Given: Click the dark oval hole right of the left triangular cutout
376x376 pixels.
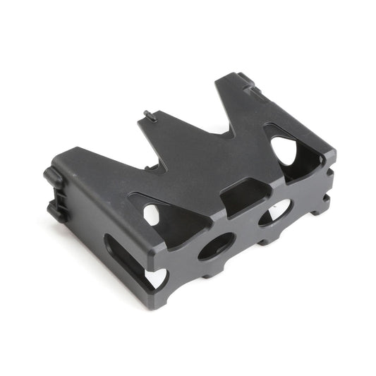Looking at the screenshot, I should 216,245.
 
